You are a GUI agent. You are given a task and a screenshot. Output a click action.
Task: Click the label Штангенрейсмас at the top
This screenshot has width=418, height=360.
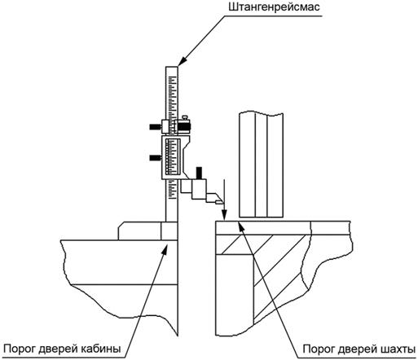[274, 7]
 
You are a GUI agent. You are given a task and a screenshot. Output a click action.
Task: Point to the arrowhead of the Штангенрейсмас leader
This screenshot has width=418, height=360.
[183, 60]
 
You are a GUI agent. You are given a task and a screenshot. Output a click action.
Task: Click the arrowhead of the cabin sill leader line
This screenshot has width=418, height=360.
[165, 248]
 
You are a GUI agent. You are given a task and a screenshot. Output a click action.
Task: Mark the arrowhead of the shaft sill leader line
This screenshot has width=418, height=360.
[240, 226]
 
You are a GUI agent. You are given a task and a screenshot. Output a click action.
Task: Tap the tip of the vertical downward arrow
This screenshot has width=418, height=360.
[224, 219]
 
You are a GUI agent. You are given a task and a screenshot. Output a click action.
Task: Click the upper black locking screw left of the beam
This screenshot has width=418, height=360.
[155, 126]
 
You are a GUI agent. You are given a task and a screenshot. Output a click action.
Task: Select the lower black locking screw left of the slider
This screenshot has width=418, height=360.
[156, 158]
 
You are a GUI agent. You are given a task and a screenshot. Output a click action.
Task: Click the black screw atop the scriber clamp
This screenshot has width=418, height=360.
[200, 173]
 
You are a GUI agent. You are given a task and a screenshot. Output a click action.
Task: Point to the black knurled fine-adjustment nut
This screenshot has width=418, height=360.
[184, 127]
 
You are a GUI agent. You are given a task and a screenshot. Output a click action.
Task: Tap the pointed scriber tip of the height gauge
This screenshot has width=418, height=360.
[222, 203]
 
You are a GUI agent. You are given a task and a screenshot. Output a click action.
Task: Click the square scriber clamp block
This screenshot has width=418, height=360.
[199, 189]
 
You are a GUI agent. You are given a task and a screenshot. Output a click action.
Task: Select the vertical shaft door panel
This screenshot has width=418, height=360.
[261, 165]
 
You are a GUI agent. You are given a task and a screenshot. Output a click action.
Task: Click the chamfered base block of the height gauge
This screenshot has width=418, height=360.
[147, 230]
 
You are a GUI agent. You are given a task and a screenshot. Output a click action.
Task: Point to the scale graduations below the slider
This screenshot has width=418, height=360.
[172, 190]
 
